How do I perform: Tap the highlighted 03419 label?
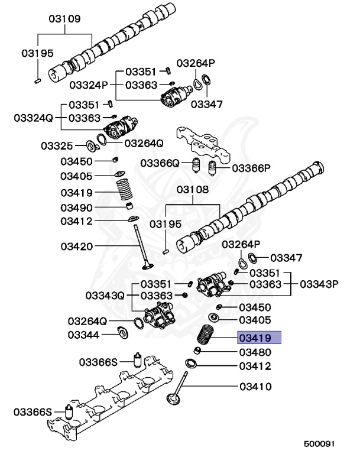coord(260,338)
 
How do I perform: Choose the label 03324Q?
coord(34,118)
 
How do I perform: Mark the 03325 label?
coord(57,145)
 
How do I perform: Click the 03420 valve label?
coord(76,245)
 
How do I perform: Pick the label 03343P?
coord(319,284)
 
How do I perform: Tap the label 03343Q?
coord(105,295)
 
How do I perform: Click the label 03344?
coord(83,335)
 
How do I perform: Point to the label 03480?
coord(255,352)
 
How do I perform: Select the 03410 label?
coord(255,387)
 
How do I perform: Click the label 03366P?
coord(251,168)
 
